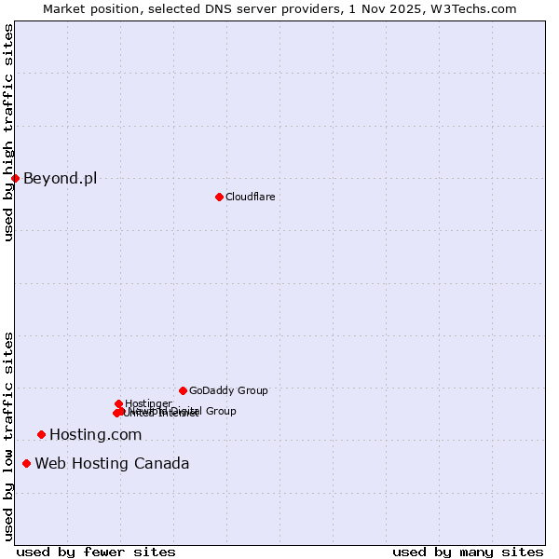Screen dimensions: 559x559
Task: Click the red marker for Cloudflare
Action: pyautogui.click(x=219, y=197)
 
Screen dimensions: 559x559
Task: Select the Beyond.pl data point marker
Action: pyautogui.click(x=15, y=178)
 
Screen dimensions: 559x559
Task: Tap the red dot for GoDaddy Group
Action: pyautogui.click(x=183, y=390)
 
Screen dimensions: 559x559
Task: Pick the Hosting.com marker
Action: pyautogui.click(x=41, y=434)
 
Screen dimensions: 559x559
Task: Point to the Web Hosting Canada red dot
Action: pyautogui.click(x=26, y=463)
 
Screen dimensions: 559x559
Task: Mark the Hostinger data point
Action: pyautogui.click(x=118, y=403)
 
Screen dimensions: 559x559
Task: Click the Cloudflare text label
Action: pyautogui.click(x=250, y=197)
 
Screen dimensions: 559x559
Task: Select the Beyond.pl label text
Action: pyautogui.click(x=60, y=178)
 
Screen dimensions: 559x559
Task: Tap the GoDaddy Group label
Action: pyautogui.click(x=228, y=390)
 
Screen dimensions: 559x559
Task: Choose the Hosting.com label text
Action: pyautogui.click(x=95, y=434)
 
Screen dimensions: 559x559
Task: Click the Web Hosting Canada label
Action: pyautogui.click(x=112, y=463)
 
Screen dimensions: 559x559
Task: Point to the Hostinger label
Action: pyautogui.click(x=148, y=403)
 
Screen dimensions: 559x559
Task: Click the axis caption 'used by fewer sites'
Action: pyautogui.click(x=96, y=552)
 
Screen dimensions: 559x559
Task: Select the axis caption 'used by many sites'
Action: pyautogui.click(x=468, y=552)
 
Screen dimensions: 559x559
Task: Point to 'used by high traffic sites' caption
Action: pyautogui.click(x=8, y=132)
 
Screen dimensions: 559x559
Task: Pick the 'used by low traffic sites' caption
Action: pyautogui.click(x=8, y=435)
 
